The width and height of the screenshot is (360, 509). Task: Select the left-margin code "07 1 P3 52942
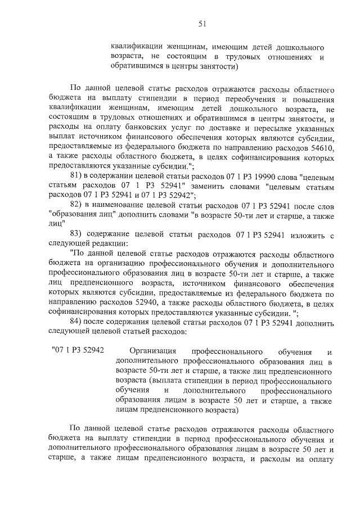click(78, 350)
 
